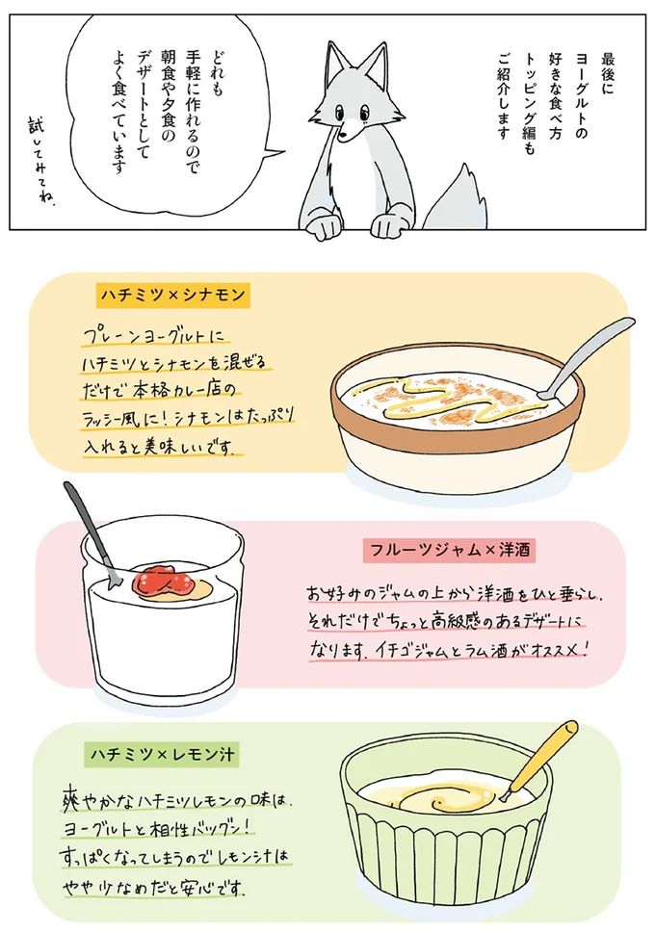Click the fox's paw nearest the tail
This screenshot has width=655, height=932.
click(x=388, y=227)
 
